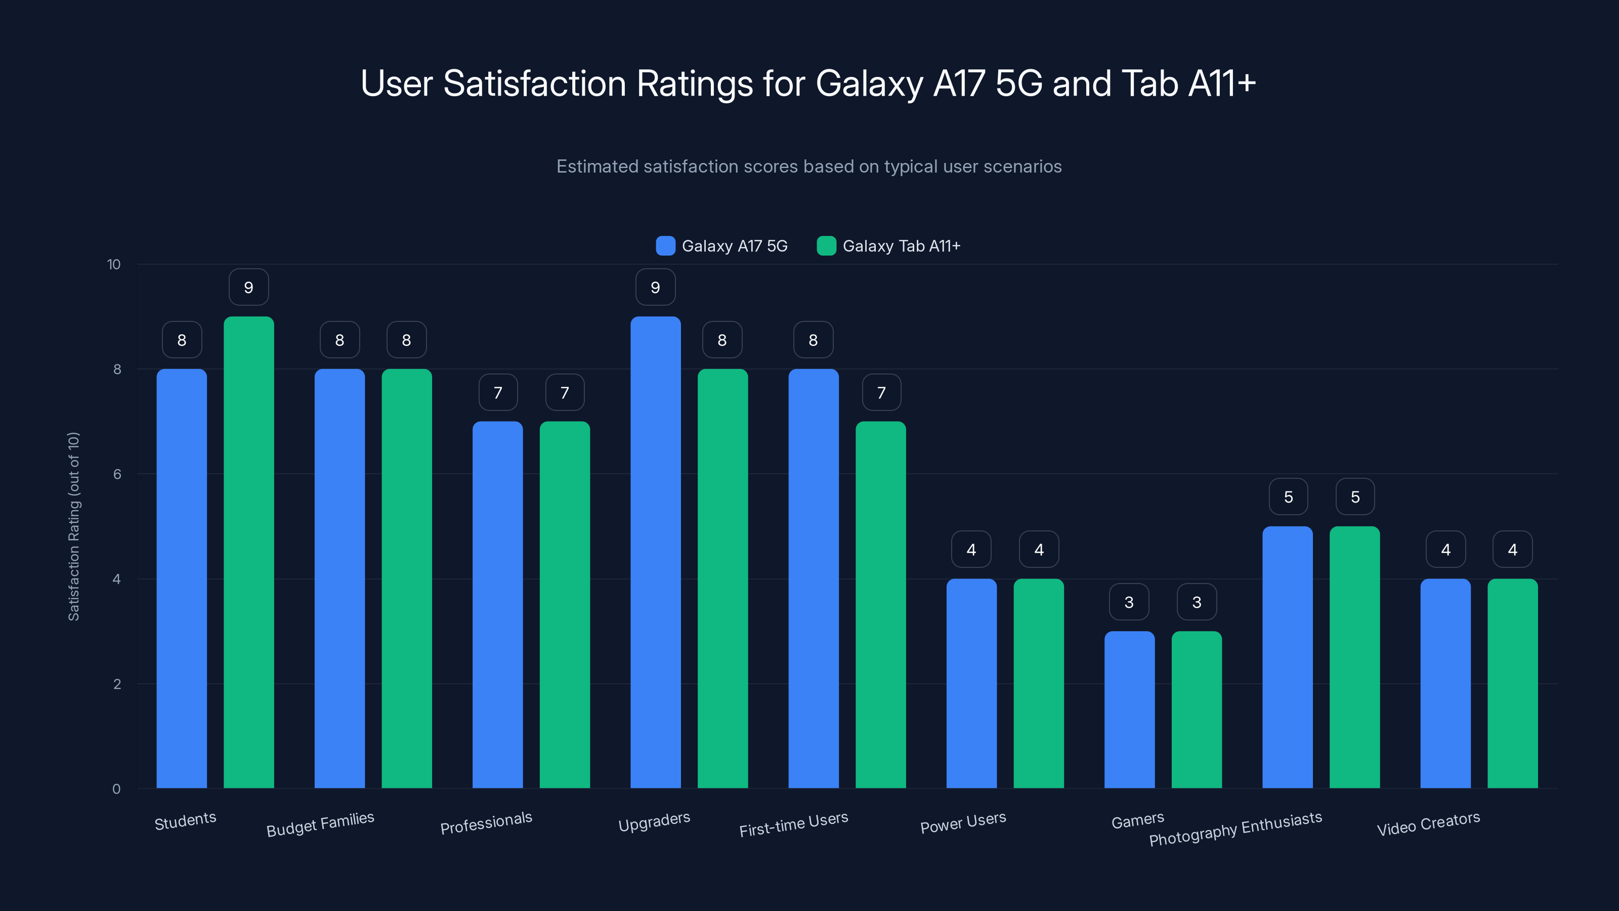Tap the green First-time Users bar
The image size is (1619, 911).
880,604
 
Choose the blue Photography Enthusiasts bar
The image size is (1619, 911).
1287,657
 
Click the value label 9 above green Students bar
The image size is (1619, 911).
249,287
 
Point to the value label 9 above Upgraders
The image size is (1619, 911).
656,287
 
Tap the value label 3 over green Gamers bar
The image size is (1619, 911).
1197,602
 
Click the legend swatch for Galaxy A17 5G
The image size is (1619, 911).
665,246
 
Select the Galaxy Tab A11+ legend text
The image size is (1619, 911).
901,246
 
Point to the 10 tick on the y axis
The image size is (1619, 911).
114,264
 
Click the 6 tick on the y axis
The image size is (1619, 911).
117,474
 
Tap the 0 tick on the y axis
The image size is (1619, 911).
116,789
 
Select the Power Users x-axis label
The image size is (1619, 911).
963,822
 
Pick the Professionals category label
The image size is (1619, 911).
486,822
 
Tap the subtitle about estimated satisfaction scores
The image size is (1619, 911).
809,167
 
